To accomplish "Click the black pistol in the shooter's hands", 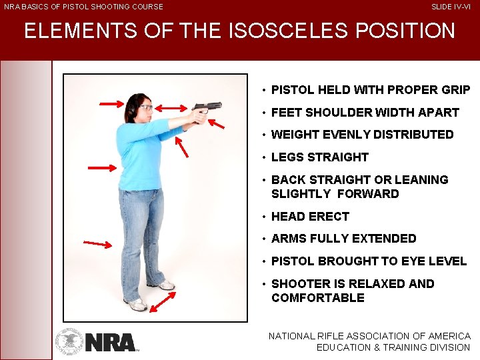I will pyautogui.click(x=207, y=107).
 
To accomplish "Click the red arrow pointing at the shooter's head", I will pyautogui.click(x=111, y=104).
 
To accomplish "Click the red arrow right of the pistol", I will pyautogui.click(x=216, y=123).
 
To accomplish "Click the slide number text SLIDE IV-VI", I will pyautogui.click(x=451, y=7).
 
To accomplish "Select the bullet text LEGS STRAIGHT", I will pyautogui.click(x=320, y=157).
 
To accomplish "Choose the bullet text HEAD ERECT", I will pyautogui.click(x=310, y=217).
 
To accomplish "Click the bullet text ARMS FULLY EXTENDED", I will pyautogui.click(x=344, y=239).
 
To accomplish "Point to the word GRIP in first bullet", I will pyautogui.click(x=456, y=90).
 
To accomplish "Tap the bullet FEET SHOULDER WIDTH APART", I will pyautogui.click(x=365, y=113).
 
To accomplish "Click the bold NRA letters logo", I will pyautogui.click(x=111, y=342).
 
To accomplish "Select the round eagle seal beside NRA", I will pyautogui.click(x=69, y=341).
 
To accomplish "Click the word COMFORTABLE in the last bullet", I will pyautogui.click(x=318, y=298).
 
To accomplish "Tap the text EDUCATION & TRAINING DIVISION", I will pyautogui.click(x=393, y=347).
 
